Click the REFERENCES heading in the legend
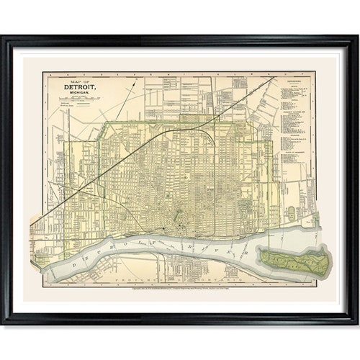[295, 82]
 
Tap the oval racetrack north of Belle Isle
[291, 213]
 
